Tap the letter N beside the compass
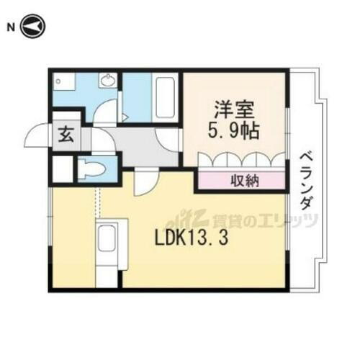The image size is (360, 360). (11, 27)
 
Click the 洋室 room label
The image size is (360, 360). (232, 112)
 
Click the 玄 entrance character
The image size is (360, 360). (64, 134)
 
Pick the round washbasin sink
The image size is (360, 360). (109, 81)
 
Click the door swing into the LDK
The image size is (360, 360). (143, 181)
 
